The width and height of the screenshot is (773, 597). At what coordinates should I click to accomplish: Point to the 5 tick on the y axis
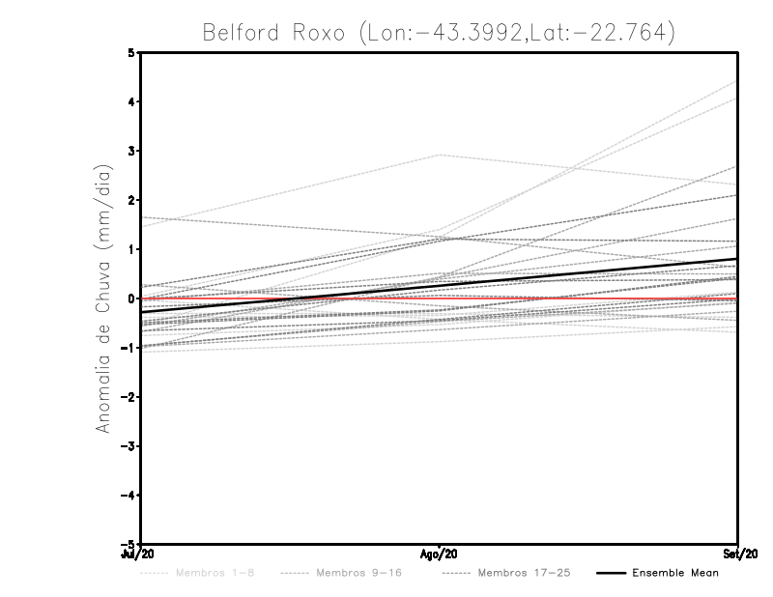pos(131,52)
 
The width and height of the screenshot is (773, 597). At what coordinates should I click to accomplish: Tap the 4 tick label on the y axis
pos(131,101)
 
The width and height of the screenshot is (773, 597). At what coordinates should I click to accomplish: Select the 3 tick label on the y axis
pos(131,151)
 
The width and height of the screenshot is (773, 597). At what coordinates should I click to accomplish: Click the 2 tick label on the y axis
pos(131,200)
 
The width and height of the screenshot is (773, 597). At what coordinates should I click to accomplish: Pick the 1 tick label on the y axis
pos(131,249)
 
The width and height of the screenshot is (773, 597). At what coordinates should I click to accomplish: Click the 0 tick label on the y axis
pos(131,298)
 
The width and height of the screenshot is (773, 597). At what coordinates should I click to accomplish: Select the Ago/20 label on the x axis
pos(440,554)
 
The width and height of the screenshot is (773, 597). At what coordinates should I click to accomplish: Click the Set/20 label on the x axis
pos(738,554)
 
